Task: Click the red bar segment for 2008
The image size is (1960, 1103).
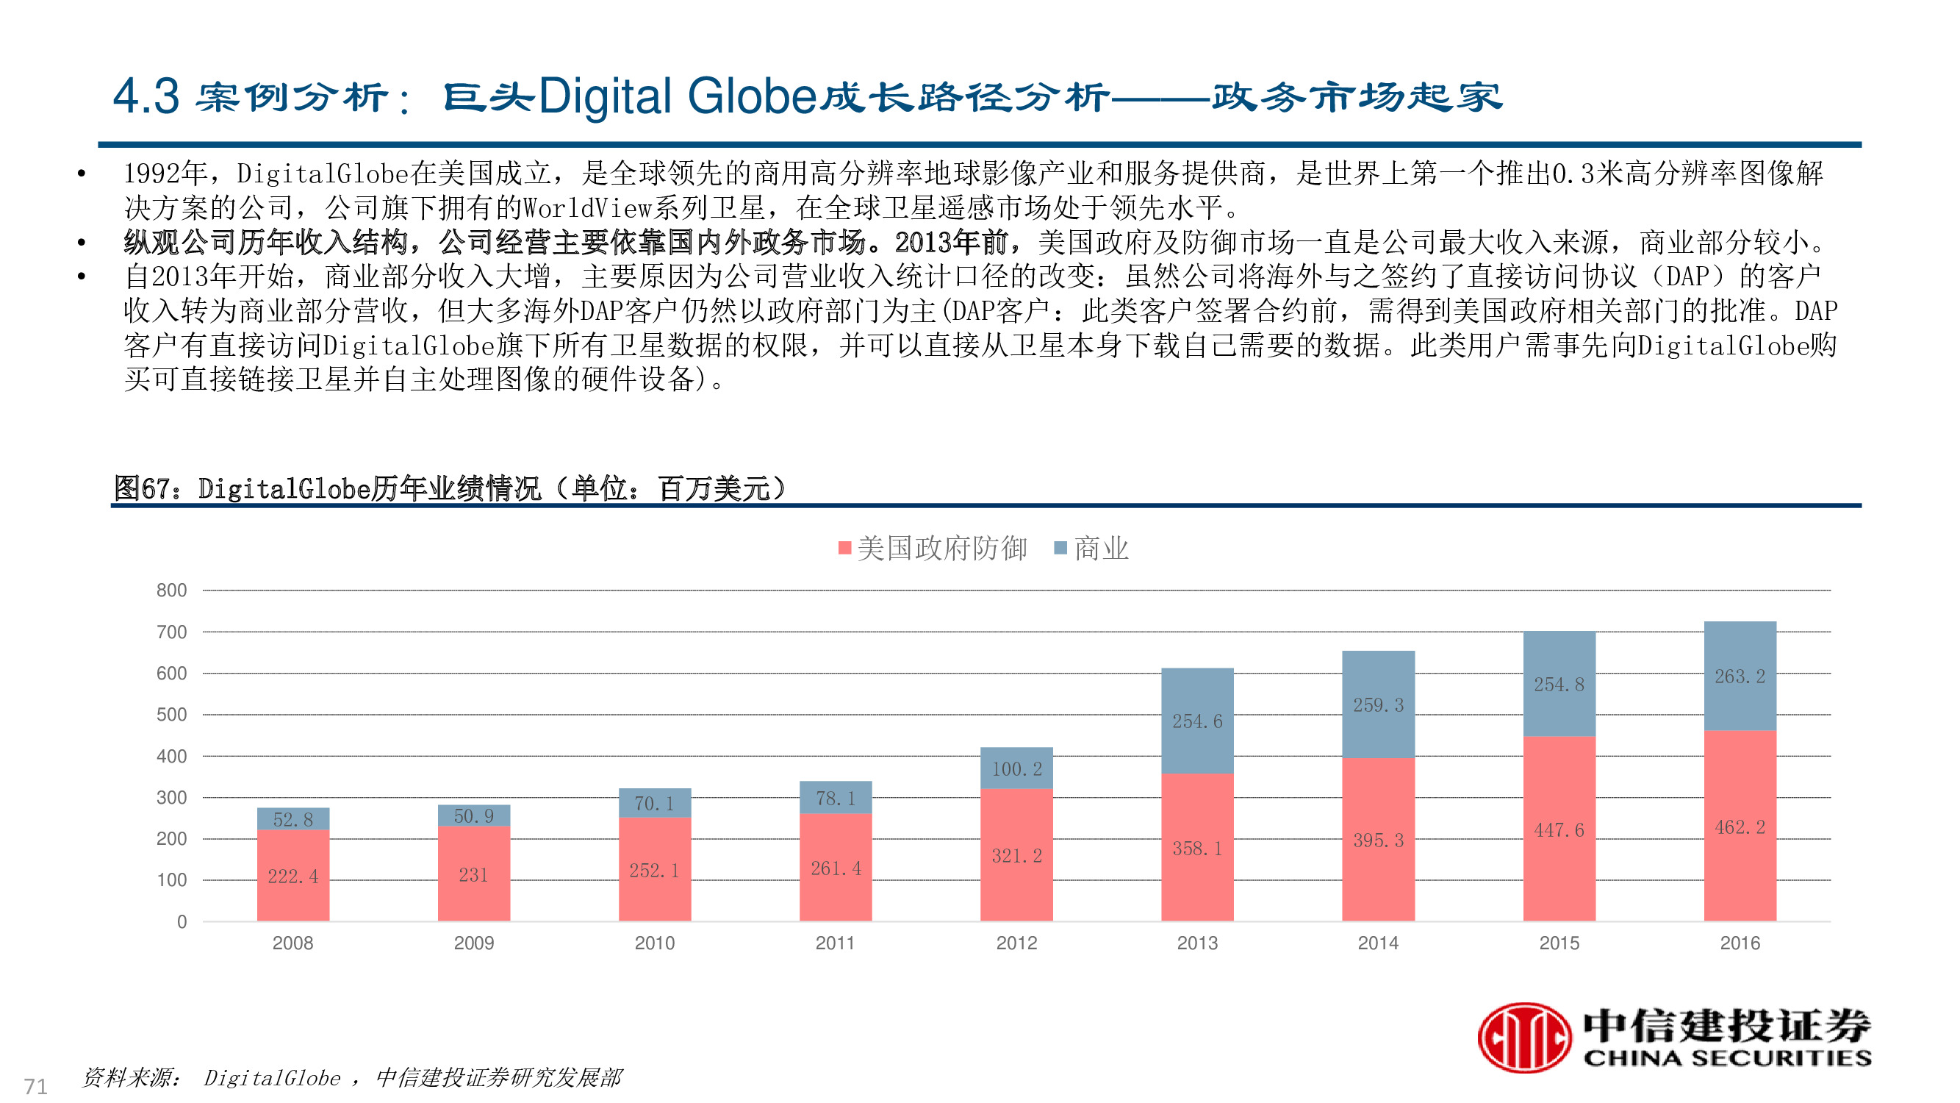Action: click(293, 875)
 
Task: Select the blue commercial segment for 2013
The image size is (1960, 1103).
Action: click(1197, 720)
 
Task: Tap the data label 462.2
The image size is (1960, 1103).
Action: click(1740, 827)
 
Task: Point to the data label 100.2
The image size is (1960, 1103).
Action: click(1016, 769)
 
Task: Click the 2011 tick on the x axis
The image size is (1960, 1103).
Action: click(835, 943)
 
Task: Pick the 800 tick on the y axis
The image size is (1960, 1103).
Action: click(171, 590)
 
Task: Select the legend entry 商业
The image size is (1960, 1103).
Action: click(1092, 548)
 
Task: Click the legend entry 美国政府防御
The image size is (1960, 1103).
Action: click(933, 548)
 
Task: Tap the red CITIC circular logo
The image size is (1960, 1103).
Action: click(1524, 1037)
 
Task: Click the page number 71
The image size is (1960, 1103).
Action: click(36, 1085)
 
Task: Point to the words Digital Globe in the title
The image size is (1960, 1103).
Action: click(677, 96)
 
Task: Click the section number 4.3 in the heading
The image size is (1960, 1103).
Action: click(146, 96)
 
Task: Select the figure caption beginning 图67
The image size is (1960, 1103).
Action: click(449, 488)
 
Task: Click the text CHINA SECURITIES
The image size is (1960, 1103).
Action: click(1727, 1058)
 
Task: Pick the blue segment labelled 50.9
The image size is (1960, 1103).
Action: click(473, 815)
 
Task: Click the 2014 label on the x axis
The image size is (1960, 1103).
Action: click(1378, 943)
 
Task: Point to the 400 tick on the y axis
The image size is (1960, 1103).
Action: click(171, 756)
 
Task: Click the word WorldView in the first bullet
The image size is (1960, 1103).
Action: click(587, 207)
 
